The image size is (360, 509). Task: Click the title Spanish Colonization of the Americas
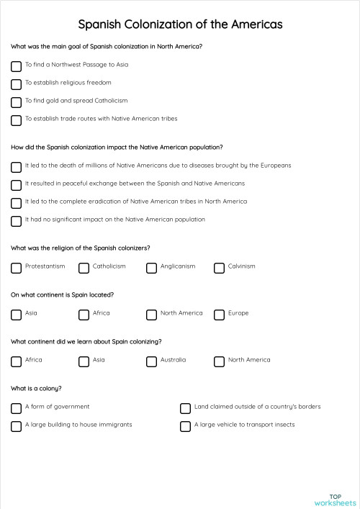point(180,24)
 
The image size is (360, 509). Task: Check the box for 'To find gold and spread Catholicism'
point(16,102)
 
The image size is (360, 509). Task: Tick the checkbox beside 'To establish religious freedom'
point(16,84)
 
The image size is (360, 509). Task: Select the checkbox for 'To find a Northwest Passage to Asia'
point(16,66)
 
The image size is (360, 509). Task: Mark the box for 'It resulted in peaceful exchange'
point(16,184)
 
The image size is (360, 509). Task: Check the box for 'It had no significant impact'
point(16,220)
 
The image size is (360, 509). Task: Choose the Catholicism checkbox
point(84,268)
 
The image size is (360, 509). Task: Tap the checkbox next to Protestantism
point(16,268)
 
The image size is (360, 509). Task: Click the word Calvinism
point(241,266)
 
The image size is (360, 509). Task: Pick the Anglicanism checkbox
point(151,268)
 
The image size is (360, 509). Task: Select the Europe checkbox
point(219,315)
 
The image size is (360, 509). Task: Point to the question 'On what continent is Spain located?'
point(62,295)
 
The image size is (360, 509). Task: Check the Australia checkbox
point(151,361)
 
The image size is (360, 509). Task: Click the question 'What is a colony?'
point(36,389)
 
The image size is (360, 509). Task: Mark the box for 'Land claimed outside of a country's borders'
point(185,408)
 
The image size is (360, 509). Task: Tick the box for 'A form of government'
point(16,408)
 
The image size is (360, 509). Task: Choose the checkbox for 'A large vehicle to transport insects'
point(185,426)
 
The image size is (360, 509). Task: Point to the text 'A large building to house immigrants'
point(78,425)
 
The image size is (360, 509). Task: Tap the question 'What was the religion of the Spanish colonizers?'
point(81,248)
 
